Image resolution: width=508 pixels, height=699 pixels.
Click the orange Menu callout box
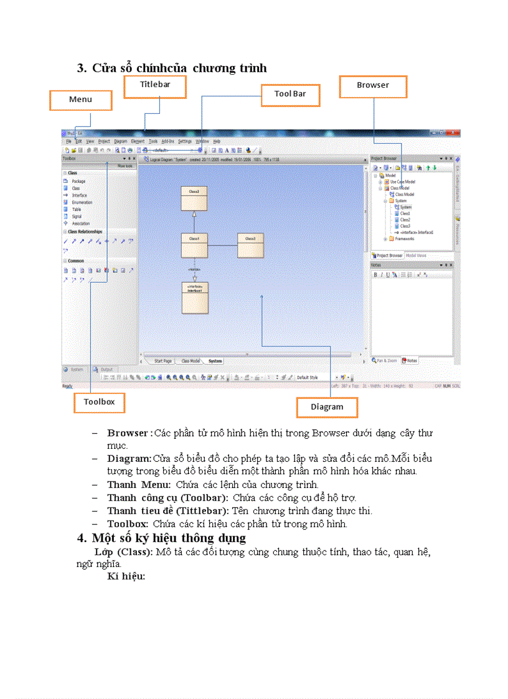pos(81,100)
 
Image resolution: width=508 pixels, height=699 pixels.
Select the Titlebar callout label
pos(155,84)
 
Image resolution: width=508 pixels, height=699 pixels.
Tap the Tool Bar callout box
pos(290,94)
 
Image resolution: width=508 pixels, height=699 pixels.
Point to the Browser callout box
pos(373,85)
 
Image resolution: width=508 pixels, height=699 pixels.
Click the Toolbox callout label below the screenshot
pos(100,402)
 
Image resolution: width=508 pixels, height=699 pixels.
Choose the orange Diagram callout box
pos(327,407)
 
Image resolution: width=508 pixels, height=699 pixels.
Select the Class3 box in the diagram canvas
pos(250,245)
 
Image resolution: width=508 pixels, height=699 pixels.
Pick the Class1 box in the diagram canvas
pos(194,245)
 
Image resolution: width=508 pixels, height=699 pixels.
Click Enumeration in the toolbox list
pos(82,202)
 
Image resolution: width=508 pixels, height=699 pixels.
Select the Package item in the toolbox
pos(78,181)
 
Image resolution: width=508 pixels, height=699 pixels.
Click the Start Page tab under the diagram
pos(163,361)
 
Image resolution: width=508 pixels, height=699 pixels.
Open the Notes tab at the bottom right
pos(410,360)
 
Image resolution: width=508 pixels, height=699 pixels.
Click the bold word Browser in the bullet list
pos(127,433)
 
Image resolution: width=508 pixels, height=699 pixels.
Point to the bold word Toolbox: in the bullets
pos(127,524)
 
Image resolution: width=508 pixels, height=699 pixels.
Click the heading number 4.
pos(82,538)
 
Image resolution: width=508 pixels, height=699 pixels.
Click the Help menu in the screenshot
pos(217,141)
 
